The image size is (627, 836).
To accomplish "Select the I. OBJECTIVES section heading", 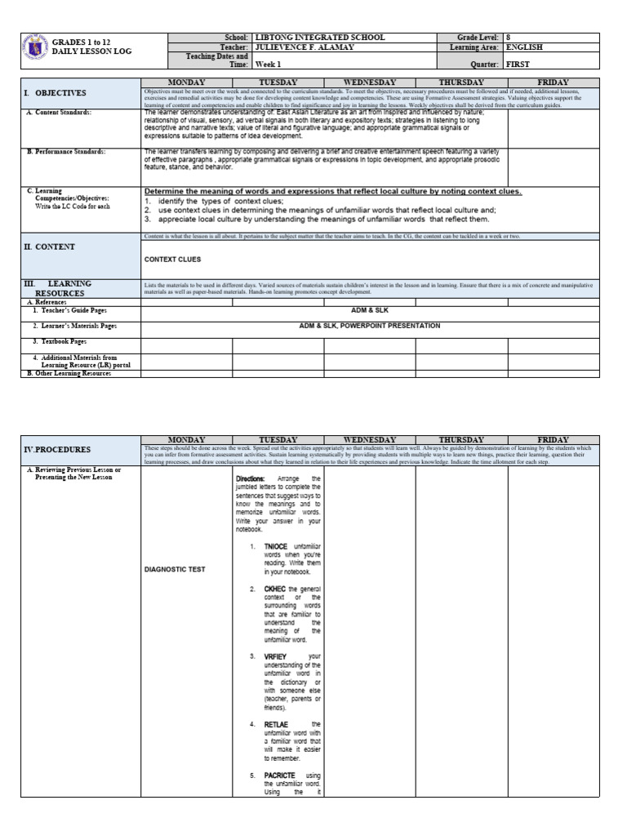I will click(x=55, y=93).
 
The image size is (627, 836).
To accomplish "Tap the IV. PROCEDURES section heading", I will click(x=56, y=450).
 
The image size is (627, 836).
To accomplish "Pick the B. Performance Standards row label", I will click(x=68, y=152).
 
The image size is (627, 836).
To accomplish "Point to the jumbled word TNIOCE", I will click(x=276, y=545).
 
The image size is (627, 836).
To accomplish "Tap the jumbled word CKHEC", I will click(x=275, y=589).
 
